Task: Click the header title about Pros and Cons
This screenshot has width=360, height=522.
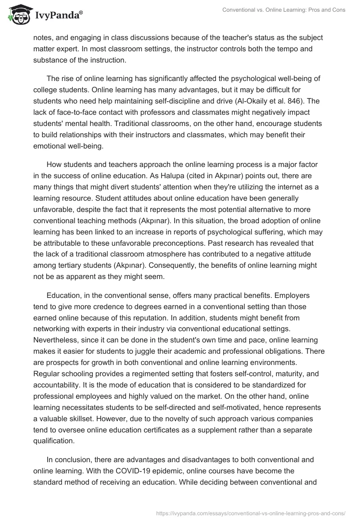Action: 284,10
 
